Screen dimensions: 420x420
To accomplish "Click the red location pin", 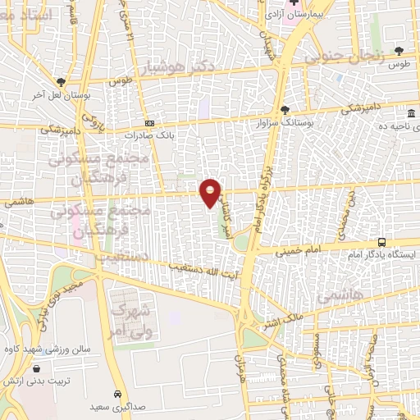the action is [x=211, y=192].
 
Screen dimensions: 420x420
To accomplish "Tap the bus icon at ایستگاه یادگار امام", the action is [x=382, y=242].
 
